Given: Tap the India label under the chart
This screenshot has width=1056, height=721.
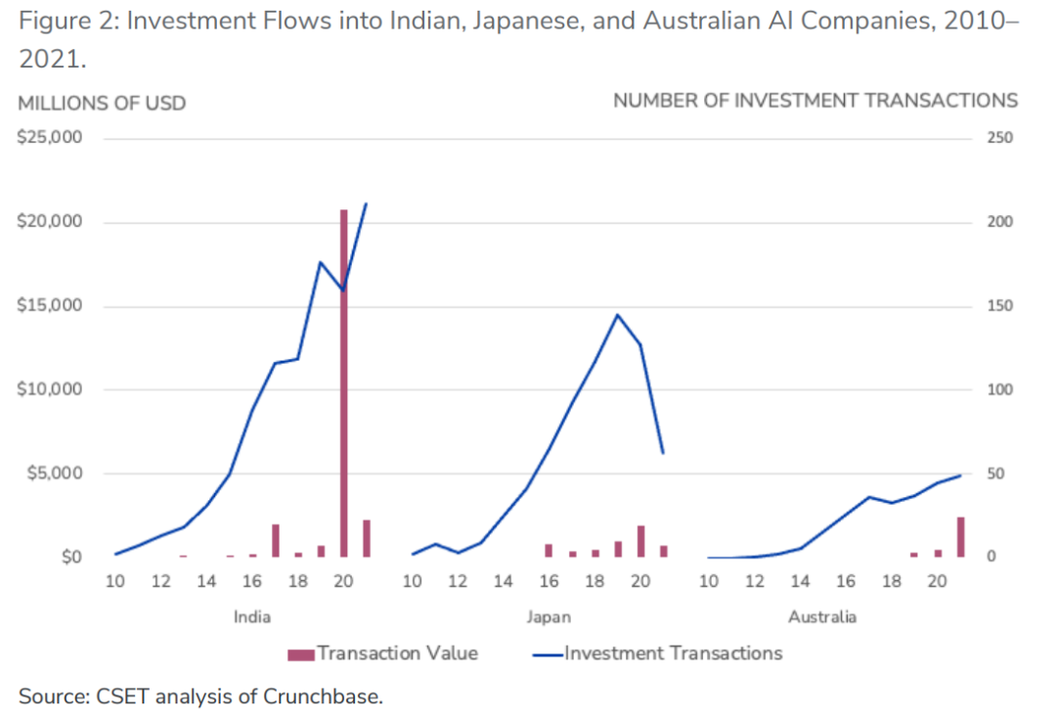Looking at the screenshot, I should pyautogui.click(x=252, y=617).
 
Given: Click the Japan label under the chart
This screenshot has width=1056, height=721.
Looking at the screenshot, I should pyautogui.click(x=549, y=617).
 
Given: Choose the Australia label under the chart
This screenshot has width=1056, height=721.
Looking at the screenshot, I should pyautogui.click(x=822, y=617).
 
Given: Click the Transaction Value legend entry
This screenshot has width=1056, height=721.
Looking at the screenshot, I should pyautogui.click(x=397, y=653).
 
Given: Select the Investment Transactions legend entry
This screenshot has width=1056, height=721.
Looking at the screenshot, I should pyautogui.click(x=673, y=653).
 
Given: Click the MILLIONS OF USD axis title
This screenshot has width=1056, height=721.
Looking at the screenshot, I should pyautogui.click(x=102, y=102).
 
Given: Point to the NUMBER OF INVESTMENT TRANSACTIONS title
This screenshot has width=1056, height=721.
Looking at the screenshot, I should pyautogui.click(x=814, y=101).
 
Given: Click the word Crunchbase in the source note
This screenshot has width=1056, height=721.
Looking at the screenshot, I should pyautogui.click(x=331, y=697).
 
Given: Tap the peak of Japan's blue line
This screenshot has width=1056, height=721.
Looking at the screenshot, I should pyautogui.click(x=617, y=315).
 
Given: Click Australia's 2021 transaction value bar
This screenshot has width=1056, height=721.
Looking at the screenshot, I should pyautogui.click(x=960, y=537).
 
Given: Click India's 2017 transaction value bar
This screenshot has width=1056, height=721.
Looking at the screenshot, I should pyautogui.click(x=276, y=541).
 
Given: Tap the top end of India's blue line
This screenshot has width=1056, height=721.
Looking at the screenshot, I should pyautogui.click(x=366, y=204).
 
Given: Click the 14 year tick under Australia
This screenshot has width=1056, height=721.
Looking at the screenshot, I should pyautogui.click(x=800, y=582).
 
